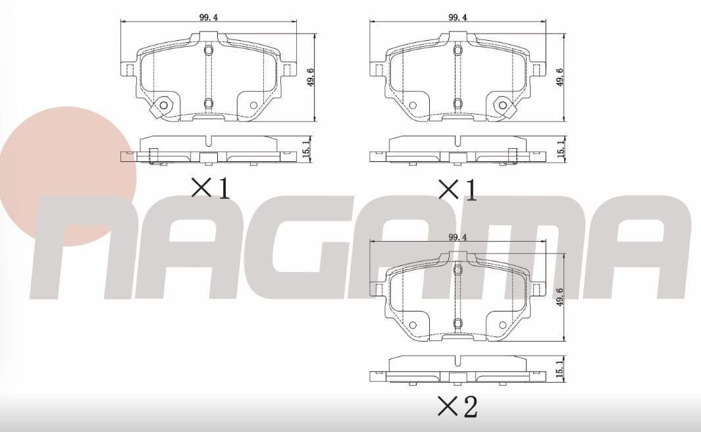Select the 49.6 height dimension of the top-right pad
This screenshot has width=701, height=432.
(560, 78)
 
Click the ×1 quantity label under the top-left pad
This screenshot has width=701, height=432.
(210, 189)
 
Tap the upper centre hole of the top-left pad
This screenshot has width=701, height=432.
(209, 51)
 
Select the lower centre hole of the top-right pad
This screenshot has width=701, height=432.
(457, 103)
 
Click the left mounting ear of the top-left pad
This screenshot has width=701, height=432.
(128, 69)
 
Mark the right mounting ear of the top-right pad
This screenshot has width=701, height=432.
(538, 69)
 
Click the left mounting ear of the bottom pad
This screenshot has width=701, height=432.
(378, 288)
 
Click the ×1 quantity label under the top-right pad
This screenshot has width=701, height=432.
(458, 189)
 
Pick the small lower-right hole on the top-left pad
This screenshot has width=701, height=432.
(254, 105)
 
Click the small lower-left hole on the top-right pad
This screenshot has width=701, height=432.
(412, 105)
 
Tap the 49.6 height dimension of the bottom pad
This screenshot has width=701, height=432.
(560, 297)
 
